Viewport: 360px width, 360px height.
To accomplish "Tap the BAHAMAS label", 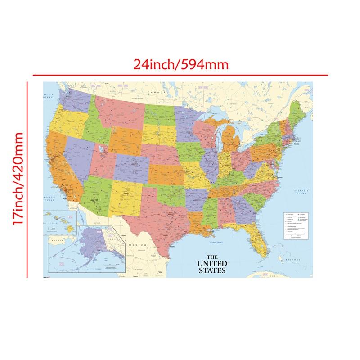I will (x=297, y=260).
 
